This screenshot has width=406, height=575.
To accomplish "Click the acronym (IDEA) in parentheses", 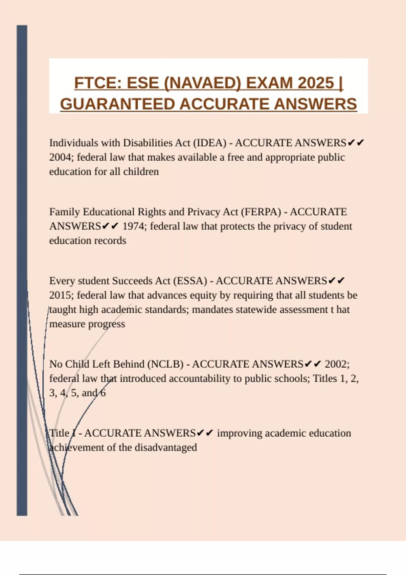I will tap(210, 143).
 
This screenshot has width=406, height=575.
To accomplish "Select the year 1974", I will tap(134, 226).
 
